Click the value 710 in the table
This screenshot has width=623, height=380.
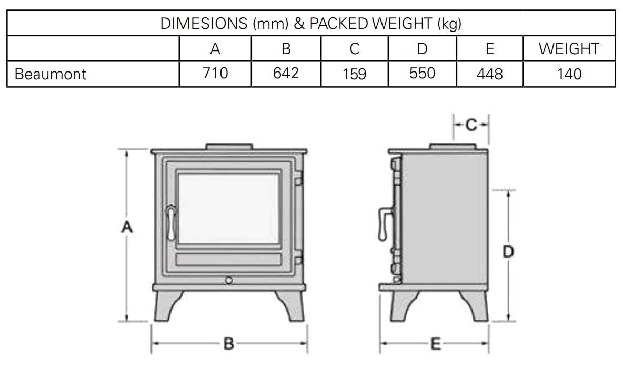pos(215,73)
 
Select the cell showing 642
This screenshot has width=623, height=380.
pos(286,73)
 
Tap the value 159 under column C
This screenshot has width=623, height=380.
pos(354,74)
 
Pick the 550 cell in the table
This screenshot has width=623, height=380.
pos(422,73)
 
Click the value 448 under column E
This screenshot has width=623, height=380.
pos(489,74)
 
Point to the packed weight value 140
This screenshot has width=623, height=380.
pos(569,74)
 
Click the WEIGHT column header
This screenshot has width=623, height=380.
pos(569,49)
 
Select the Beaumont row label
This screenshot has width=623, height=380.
pos(50,74)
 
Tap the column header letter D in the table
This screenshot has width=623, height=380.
pos(422,49)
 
